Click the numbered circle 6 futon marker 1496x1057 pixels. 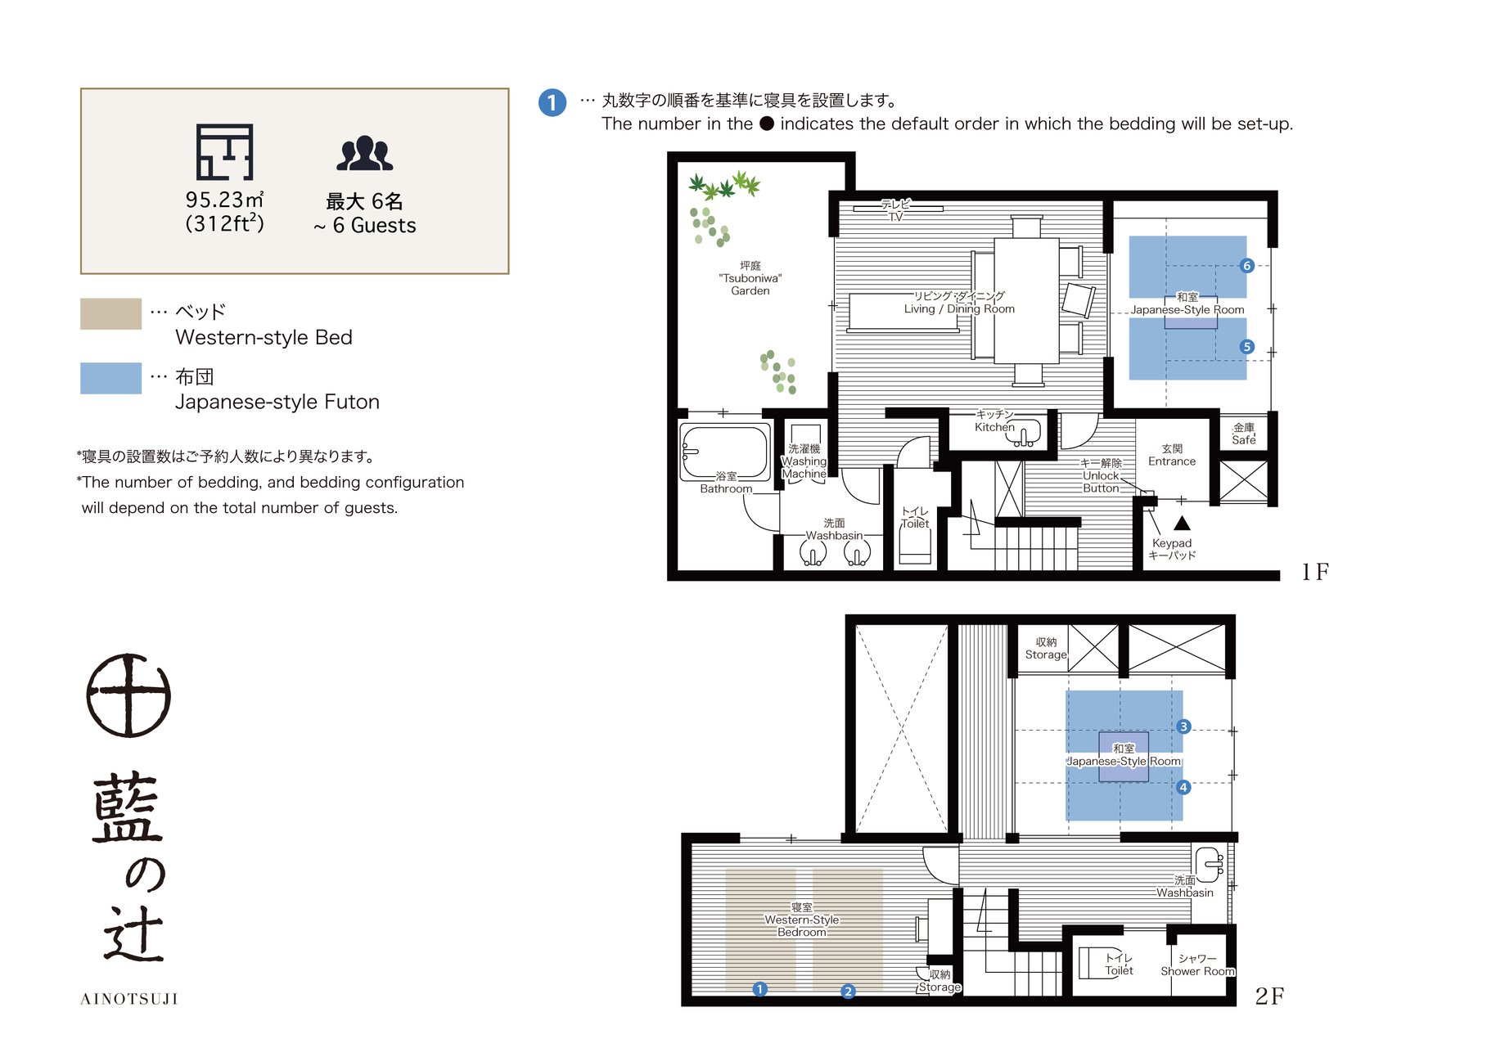tap(1246, 266)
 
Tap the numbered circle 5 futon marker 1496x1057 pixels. tap(1246, 347)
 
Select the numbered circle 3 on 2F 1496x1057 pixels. tap(1183, 726)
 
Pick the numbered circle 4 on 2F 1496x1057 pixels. tap(1183, 787)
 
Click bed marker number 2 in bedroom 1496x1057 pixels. tap(848, 991)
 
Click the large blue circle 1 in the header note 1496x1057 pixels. tap(552, 102)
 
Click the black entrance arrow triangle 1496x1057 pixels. tap(1182, 523)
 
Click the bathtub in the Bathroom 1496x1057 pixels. tap(725, 452)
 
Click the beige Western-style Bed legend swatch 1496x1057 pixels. tap(110, 313)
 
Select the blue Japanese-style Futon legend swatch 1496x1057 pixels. tap(110, 378)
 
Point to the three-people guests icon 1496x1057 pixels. tap(365, 153)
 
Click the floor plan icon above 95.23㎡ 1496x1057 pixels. tap(224, 152)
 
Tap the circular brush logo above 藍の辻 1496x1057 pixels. tap(128, 695)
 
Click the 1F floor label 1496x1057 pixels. tap(1315, 572)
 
